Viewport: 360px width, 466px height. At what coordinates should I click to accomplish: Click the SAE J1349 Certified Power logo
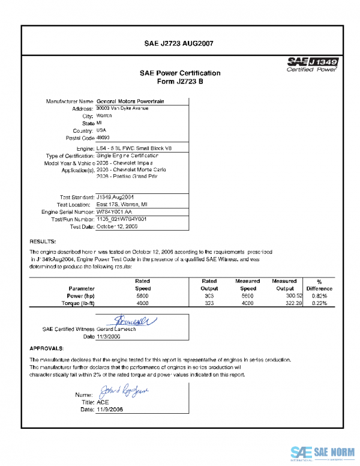click(x=313, y=64)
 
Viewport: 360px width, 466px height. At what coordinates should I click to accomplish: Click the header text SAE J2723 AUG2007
click(x=179, y=43)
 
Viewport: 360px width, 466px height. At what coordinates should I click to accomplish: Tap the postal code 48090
click(x=104, y=138)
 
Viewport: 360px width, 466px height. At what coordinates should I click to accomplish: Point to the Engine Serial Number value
click(x=113, y=212)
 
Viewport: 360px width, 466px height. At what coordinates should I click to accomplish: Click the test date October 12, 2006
click(x=117, y=227)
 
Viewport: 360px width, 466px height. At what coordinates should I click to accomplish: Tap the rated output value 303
click(x=209, y=296)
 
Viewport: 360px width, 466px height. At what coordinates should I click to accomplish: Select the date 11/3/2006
click(x=109, y=337)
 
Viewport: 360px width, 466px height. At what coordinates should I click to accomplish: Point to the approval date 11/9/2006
click(x=109, y=409)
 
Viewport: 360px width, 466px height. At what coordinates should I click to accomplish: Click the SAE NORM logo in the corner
click(x=322, y=452)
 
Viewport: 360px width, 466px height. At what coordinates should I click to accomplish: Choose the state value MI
click(x=99, y=123)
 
